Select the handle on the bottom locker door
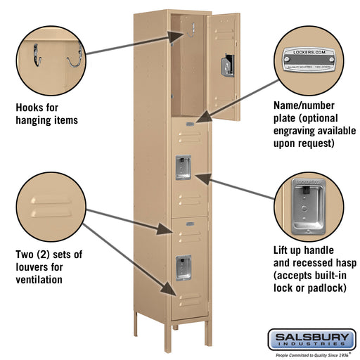[183, 266]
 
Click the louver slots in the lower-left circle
[49, 206]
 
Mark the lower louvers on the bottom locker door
[183, 301]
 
